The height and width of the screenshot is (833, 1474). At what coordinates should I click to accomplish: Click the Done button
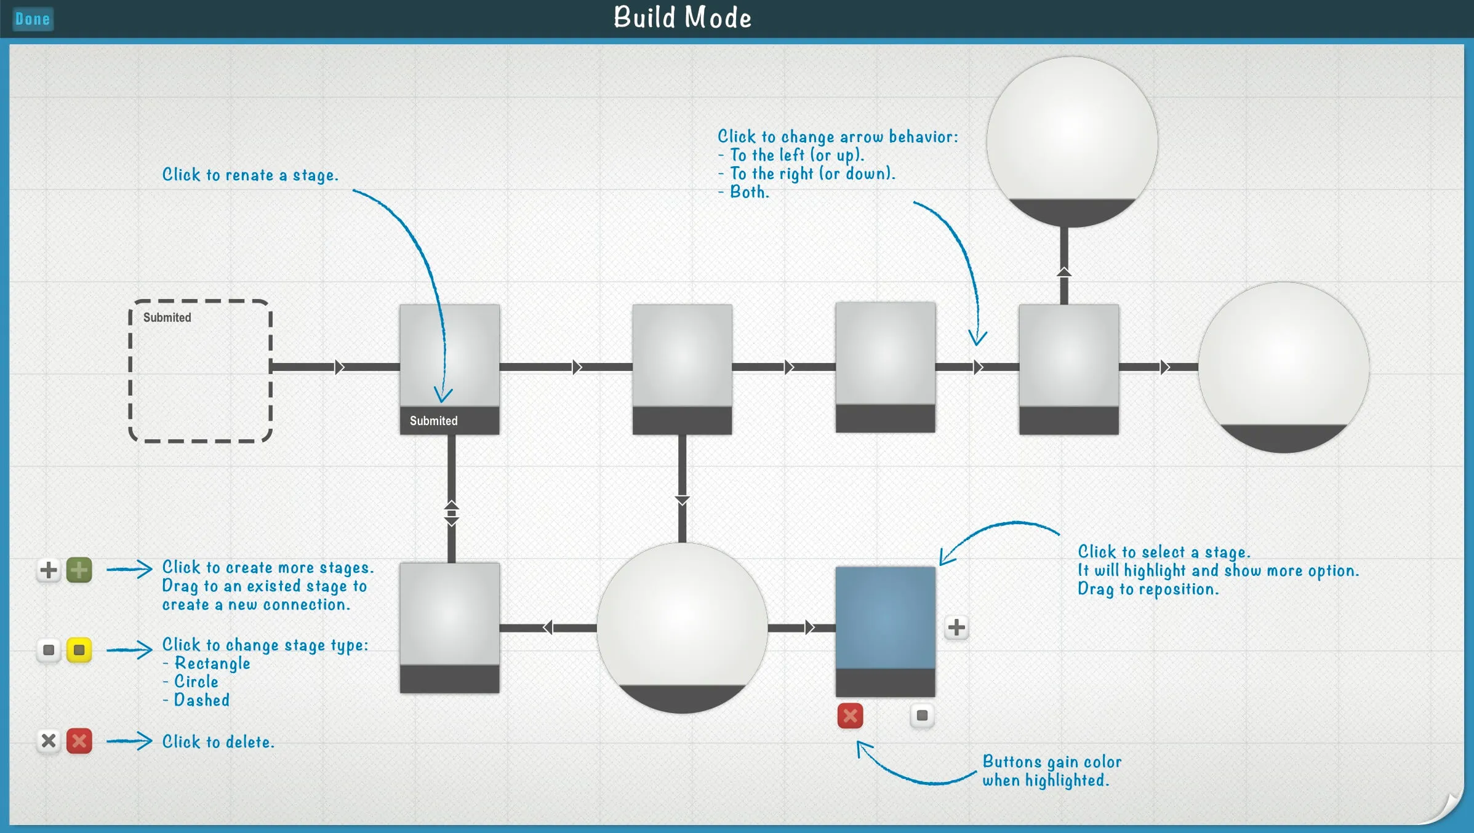coord(33,19)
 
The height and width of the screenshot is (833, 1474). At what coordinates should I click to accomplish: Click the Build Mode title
coord(682,18)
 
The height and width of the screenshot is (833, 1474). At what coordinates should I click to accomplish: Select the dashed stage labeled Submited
coord(200,371)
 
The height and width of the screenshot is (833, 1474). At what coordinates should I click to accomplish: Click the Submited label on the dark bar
coord(434,421)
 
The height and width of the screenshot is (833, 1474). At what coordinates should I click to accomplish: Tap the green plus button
coord(79,570)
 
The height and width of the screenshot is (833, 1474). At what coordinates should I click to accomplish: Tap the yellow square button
coord(79,650)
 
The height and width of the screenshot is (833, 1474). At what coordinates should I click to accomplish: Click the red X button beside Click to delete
coord(79,741)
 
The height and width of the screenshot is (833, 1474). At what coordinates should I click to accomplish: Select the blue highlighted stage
coord(885,618)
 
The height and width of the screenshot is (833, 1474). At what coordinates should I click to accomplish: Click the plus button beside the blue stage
coord(956,628)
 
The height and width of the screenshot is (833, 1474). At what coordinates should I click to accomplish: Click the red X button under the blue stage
coord(850,715)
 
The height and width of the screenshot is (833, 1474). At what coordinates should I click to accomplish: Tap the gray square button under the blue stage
coord(922,715)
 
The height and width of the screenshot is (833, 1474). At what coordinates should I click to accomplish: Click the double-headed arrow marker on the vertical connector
coord(452,513)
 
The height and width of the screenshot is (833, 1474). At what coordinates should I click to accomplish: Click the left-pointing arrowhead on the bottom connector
coord(548,628)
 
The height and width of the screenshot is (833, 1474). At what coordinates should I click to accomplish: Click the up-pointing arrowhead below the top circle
coord(1064,272)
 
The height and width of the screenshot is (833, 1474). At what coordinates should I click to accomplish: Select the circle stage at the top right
coord(1071,141)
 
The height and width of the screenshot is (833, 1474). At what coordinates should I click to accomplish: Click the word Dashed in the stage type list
coord(202,700)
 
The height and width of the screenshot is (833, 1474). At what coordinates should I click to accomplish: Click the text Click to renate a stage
coord(250,175)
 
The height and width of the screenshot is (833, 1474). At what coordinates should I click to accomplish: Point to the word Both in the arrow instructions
coord(749,192)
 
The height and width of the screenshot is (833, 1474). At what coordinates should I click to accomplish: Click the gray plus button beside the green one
coord(49,570)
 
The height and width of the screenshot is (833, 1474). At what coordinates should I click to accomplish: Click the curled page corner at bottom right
coord(1450,810)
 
